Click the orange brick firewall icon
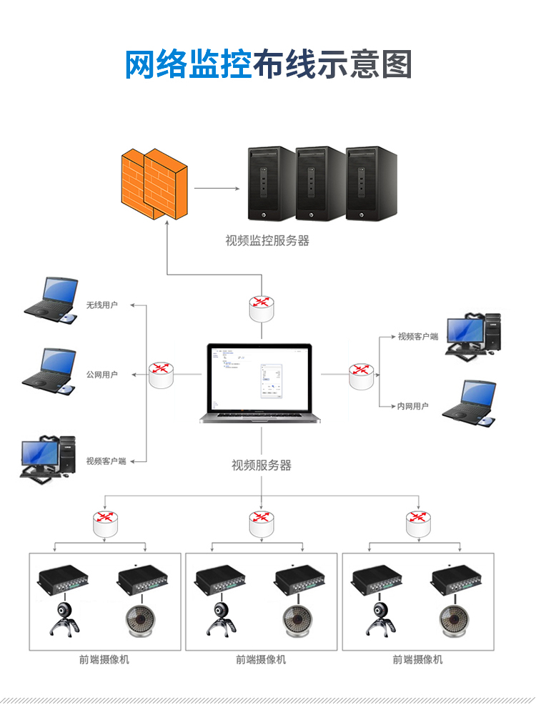(x=154, y=184)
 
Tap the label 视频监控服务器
(x=267, y=241)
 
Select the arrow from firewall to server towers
(x=217, y=189)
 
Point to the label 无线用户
(x=101, y=305)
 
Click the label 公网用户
(x=101, y=375)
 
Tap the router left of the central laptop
(x=162, y=374)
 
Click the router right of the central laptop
(x=361, y=375)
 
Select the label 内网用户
(x=413, y=406)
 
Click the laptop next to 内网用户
(x=470, y=404)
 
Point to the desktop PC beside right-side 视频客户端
(x=472, y=333)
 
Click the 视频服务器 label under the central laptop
(x=262, y=465)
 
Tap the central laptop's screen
(x=260, y=378)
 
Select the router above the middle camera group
(x=262, y=523)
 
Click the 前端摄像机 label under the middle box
(x=261, y=659)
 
